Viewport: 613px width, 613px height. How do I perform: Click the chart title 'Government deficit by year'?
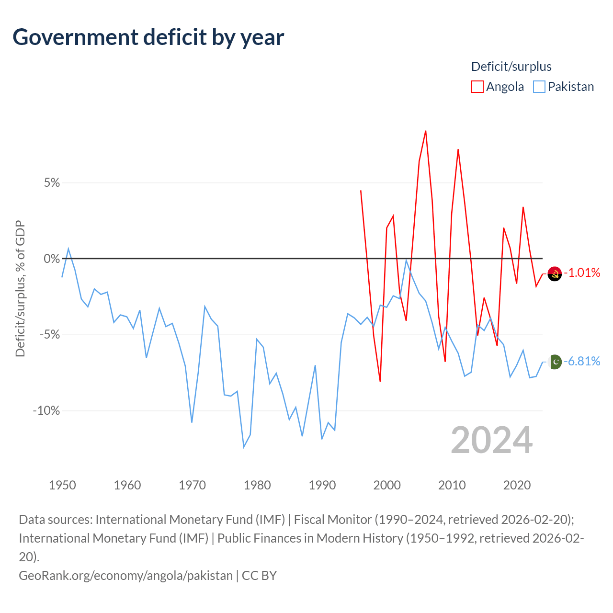[x=148, y=37]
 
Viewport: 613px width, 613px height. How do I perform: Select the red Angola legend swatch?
[x=477, y=87]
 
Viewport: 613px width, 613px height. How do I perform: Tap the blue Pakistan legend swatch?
[x=539, y=87]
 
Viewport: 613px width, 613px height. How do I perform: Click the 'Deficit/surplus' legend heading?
[x=511, y=67]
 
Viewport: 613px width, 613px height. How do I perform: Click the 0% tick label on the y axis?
[x=52, y=259]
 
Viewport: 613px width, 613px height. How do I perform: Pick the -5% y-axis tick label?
[x=50, y=335]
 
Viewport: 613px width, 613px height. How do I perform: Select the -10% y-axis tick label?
[x=46, y=411]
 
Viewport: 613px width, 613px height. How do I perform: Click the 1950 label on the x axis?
[x=62, y=485]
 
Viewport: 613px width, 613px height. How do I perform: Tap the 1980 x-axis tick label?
[x=257, y=485]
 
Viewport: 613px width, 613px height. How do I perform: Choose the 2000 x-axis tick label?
[x=387, y=485]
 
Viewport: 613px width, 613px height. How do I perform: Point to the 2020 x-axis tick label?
[x=517, y=485]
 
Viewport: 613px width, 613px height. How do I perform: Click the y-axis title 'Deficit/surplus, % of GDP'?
[x=20, y=289]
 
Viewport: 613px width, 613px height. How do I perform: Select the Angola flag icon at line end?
[x=555, y=274]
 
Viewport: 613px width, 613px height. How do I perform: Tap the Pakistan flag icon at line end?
[x=555, y=362]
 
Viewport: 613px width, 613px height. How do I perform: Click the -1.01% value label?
[x=582, y=273]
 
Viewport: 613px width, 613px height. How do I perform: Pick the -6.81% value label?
[x=582, y=362]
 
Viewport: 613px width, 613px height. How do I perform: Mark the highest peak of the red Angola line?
[x=426, y=131]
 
